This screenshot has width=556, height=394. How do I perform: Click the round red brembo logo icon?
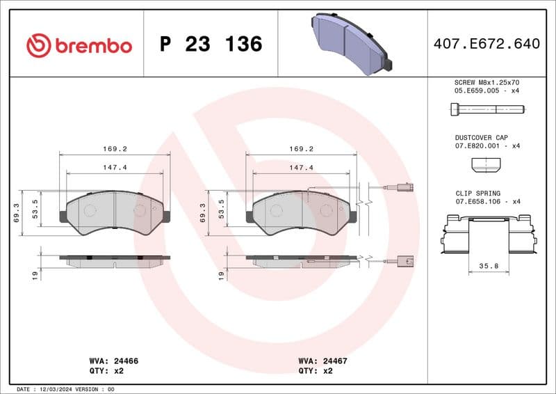39,45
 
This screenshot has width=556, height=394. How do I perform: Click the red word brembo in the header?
92,46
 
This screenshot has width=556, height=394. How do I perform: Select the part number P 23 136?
211,45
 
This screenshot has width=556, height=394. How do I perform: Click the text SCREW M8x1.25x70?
486,82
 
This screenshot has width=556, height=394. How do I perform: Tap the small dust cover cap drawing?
486,165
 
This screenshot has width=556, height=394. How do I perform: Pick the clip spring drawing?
489,233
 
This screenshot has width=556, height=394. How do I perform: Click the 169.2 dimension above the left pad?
115,149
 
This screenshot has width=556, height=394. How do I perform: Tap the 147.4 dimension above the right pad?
302,168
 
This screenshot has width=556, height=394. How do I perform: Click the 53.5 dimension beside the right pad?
221,209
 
